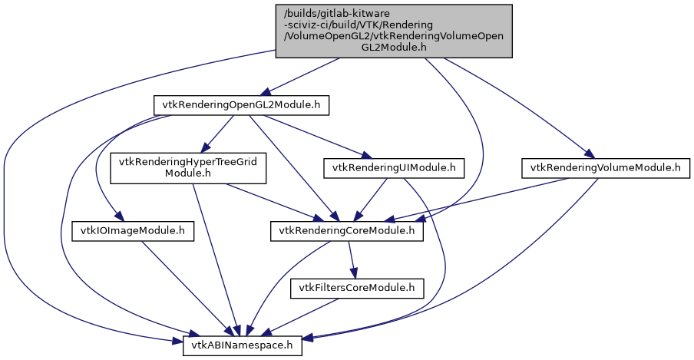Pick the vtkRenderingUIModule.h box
point(394,167)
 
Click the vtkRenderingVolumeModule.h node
point(606,167)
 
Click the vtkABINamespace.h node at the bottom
point(243,347)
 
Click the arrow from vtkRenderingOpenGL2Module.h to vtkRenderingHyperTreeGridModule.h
point(216,135)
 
